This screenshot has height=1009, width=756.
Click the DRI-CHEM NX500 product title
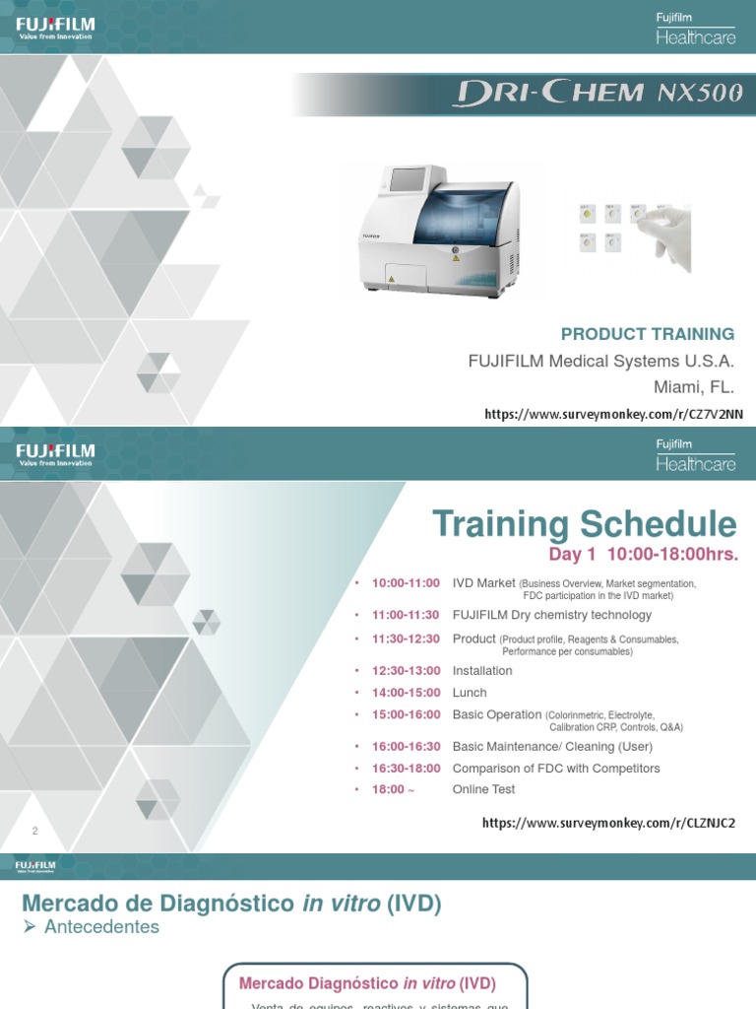598,95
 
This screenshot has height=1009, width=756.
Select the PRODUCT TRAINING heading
648,334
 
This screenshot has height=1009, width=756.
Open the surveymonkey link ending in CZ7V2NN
613,415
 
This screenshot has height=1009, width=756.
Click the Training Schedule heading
584,524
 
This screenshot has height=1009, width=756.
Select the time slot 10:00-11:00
406,583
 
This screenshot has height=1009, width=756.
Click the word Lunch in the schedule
470,693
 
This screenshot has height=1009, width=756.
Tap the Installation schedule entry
482,671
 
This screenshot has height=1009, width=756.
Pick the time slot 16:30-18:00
406,769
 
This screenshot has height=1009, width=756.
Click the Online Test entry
483,789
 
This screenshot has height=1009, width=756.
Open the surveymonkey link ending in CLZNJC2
608,823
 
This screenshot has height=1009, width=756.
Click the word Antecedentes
100,927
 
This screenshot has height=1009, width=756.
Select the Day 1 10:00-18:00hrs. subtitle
643,554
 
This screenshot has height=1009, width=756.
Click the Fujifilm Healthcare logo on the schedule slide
696,456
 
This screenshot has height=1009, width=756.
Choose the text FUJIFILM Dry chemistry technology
551,615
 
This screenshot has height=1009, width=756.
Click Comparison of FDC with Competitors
556,769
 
